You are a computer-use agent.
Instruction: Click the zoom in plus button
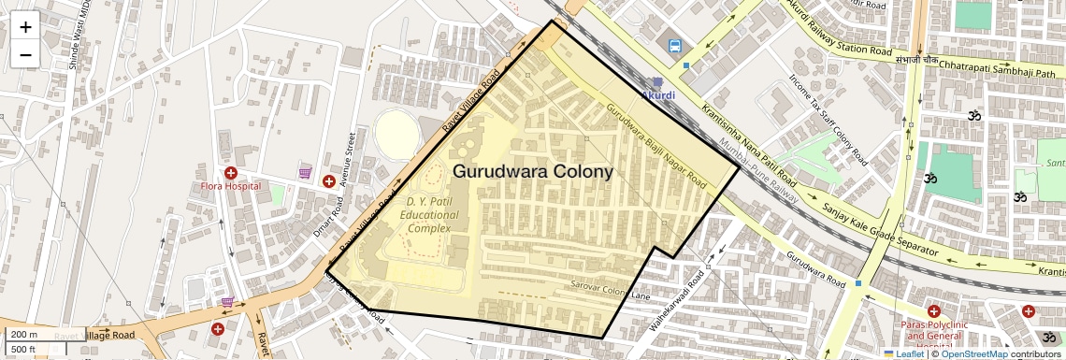(x=25, y=26)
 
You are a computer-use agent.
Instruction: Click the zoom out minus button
(x=25, y=54)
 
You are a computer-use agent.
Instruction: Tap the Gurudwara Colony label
(x=533, y=172)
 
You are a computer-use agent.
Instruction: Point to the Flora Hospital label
(x=230, y=187)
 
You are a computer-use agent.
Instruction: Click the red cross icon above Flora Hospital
(x=230, y=173)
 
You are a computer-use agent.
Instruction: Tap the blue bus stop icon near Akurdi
(x=674, y=44)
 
